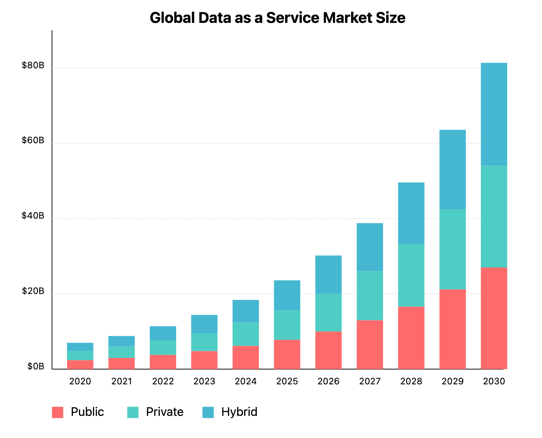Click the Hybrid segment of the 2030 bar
pos(494,114)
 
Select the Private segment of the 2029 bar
pos(452,249)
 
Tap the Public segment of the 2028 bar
pos(411,338)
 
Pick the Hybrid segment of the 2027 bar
pos(370,247)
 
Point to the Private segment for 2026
pos(328,313)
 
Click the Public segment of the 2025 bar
pos(287,354)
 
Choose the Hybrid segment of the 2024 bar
pos(245,311)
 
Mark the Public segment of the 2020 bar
pos(80,365)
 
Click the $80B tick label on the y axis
pos(33,66)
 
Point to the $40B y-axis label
pos(33,216)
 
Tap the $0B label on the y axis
pos(36,367)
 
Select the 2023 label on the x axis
pos(204,382)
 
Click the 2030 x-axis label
pos(494,382)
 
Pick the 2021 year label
pos(121,382)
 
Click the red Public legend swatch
pos(58,412)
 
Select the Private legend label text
pos(164,412)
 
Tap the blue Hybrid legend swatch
pos(208,412)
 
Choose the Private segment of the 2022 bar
pos(163,348)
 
